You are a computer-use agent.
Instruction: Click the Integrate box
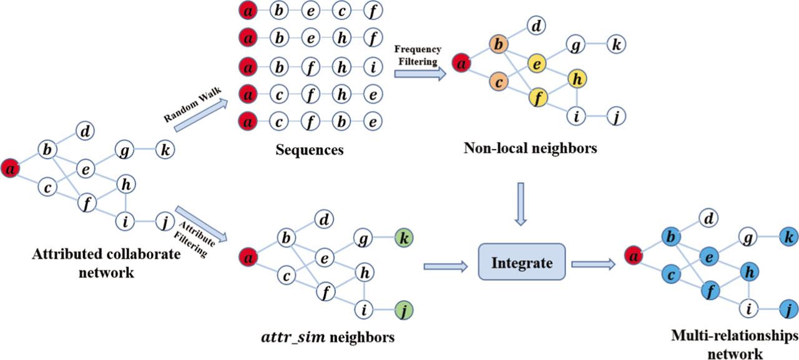coord(522,263)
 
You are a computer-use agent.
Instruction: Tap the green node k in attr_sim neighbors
coord(403,238)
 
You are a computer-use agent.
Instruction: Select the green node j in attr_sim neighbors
coord(403,308)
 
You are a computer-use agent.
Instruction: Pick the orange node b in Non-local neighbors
coord(498,45)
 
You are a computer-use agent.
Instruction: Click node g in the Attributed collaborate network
coord(124,150)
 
